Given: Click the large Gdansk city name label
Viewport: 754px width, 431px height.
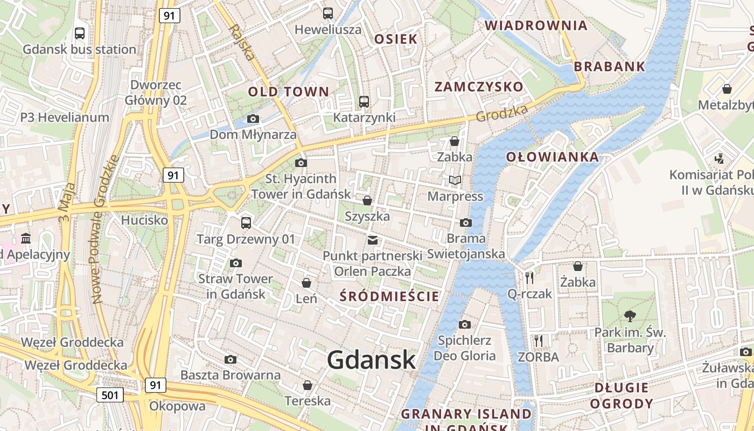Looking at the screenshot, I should (371, 360).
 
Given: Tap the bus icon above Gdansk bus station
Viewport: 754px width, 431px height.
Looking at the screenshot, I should (80, 33).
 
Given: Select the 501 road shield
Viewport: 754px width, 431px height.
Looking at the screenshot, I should (110, 395).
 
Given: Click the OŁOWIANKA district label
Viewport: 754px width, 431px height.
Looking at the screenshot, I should (552, 157).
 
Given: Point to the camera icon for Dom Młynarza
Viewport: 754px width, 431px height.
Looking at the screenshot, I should (253, 119).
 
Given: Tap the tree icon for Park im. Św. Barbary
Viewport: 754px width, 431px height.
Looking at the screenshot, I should (630, 316).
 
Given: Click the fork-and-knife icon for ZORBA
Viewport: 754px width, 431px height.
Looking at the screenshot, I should (538, 340).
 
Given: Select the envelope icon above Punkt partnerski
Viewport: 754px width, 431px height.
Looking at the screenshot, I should (372, 240).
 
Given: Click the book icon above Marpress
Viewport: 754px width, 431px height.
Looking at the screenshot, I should (455, 180).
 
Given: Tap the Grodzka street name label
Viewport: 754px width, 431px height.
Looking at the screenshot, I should (501, 113).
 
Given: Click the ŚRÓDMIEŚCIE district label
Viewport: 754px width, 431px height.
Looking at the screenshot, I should (390, 296).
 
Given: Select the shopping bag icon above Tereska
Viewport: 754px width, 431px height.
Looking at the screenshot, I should (307, 385).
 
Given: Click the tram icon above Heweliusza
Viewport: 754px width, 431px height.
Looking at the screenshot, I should (327, 13).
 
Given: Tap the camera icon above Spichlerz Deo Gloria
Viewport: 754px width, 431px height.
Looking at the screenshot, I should (464, 324).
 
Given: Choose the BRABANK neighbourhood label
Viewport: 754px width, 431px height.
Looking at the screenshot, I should (609, 67).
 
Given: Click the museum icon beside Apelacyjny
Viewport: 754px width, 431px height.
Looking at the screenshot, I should (26, 238).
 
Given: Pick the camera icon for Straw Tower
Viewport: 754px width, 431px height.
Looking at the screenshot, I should (235, 263).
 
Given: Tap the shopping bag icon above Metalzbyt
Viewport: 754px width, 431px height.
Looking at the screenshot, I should (727, 89).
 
